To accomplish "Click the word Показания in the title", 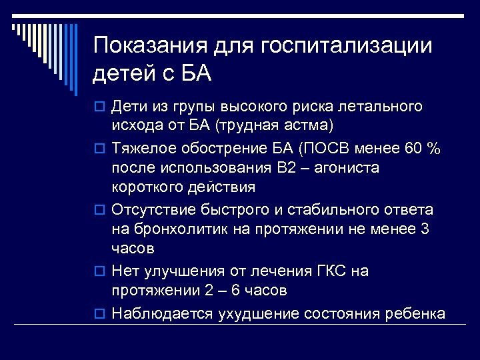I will pos(152,46).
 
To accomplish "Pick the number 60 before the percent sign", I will pos(413,149).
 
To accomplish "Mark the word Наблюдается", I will pos(163,313).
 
